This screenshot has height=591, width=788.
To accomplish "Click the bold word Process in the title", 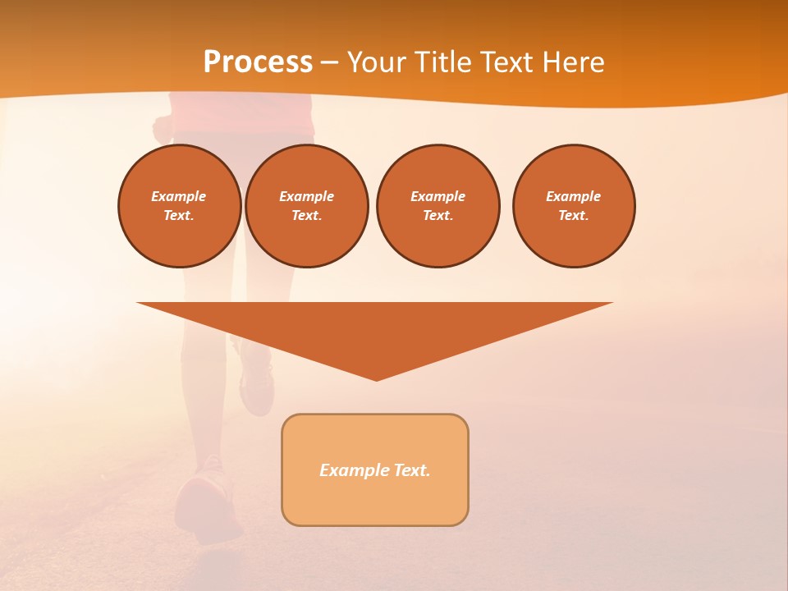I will pos(258,62).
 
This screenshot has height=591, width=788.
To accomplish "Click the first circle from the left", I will pos(180,206).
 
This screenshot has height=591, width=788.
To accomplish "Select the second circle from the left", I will pos(307,206).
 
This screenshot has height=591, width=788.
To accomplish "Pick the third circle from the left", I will pos(438,206).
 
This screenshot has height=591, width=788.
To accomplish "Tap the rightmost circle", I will pos(574,206).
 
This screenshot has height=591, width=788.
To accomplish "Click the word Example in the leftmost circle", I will pos(179,196).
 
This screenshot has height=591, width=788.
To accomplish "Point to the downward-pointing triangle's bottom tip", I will pos(376,378).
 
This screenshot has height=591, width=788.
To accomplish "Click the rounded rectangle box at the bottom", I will pos(375,501).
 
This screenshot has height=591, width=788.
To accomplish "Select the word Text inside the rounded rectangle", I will pos(411,470).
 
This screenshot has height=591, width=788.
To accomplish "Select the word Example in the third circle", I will pos(438,196).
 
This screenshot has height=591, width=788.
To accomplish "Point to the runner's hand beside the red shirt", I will pos(162,127).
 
